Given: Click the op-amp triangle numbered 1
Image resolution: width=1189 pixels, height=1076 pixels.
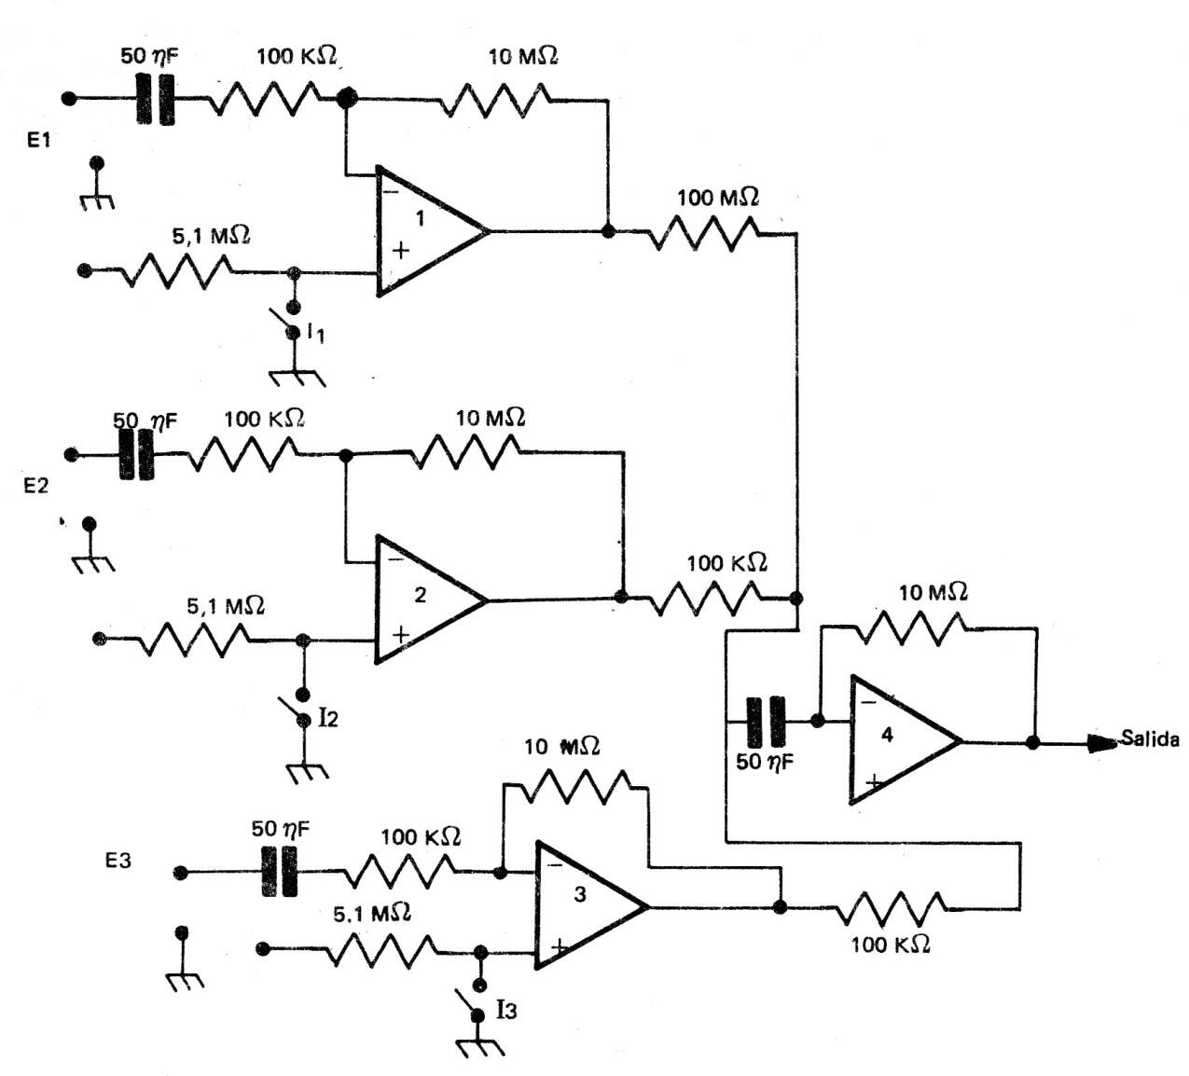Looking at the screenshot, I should pos(424,230).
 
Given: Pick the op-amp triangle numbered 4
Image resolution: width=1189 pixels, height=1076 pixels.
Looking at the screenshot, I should pos(894,740).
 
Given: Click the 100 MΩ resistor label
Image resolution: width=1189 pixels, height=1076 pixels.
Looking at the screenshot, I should pos(717,198).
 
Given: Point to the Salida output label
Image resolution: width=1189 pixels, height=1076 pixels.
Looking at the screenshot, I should pos(1150,739).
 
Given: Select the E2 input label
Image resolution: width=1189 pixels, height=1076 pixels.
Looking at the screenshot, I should pos(35,486).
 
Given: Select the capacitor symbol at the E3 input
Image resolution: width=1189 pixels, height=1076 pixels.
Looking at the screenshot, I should pos(279,872).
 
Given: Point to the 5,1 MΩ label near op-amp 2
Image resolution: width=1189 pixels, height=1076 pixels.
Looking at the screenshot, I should pos(226,606).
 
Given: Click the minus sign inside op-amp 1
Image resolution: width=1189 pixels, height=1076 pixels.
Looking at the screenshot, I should pos(389,191).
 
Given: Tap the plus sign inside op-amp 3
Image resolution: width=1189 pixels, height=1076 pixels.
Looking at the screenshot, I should pos(559,947).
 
